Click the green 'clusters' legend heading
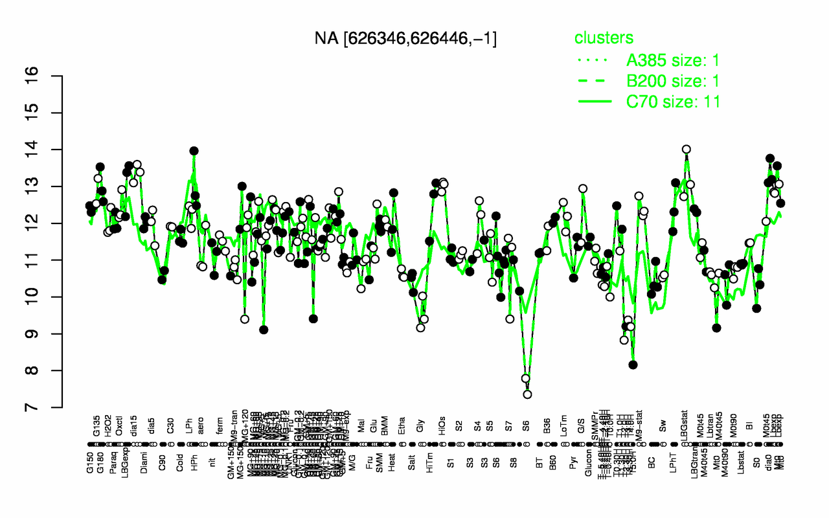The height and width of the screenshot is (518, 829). pyautogui.click(x=604, y=38)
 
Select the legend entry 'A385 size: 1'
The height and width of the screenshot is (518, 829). pyautogui.click(x=673, y=61)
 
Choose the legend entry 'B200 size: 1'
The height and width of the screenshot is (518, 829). pyautogui.click(x=673, y=81)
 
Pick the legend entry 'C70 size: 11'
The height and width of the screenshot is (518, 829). pyautogui.click(x=673, y=101)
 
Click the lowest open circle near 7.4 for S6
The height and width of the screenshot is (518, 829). pyautogui.click(x=527, y=394)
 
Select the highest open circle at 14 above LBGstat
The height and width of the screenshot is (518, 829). pyautogui.click(x=687, y=150)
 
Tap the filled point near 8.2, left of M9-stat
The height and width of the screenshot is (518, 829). pyautogui.click(x=633, y=365)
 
